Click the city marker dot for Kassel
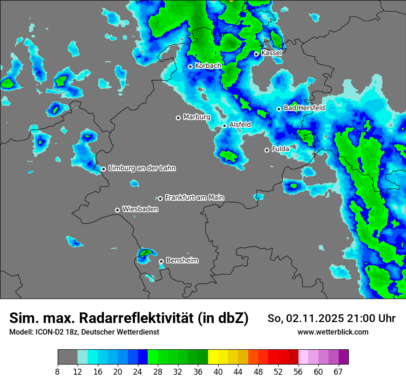coord(256,54)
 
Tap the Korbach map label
coord(208,66)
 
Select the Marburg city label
coord(197,117)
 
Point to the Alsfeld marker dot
coord(225,126)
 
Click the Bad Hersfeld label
coord(304,108)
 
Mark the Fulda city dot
coord(267,150)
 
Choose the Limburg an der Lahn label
coord(142,168)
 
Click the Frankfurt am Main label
coord(194,197)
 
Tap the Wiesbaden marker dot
coord(118,210)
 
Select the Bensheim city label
coord(182,260)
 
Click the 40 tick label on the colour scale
coord(218,372)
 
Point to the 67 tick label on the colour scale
coord(338,372)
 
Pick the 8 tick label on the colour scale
coord(58,372)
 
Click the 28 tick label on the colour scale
coord(158,372)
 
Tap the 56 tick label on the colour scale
coord(299,372)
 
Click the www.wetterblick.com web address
coord(333,332)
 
